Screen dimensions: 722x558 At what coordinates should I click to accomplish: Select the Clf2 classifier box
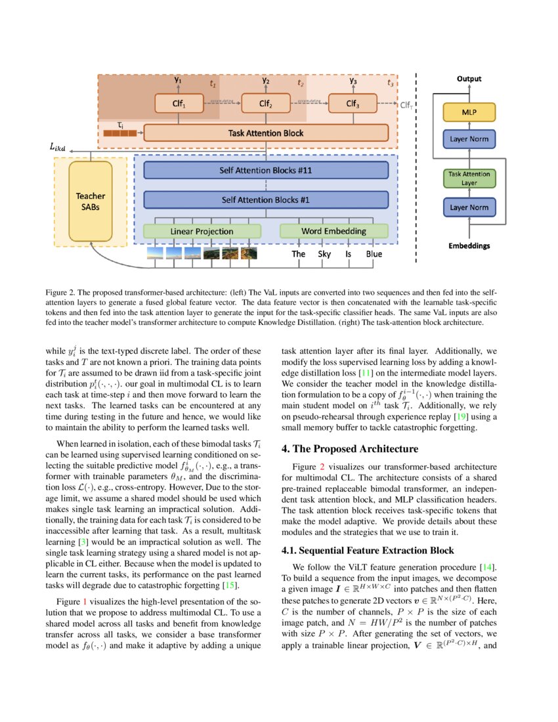pyautogui.click(x=265, y=104)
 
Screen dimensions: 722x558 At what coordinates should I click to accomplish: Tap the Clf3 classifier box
pyautogui.click(x=353, y=104)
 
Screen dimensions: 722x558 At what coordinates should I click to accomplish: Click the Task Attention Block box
pyautogui.click(x=265, y=133)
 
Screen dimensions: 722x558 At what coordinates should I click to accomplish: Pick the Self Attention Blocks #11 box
pyautogui.click(x=265, y=171)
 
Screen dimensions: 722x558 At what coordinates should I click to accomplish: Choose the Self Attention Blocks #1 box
pyautogui.click(x=265, y=200)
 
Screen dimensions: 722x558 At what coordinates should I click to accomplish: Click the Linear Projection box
pyautogui.click(x=202, y=231)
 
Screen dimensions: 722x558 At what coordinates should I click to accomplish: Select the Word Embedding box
pyautogui.click(x=333, y=231)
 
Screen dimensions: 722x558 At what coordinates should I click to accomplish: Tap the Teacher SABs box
pyautogui.click(x=90, y=201)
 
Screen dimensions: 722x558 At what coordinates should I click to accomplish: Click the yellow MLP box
pyautogui.click(x=469, y=113)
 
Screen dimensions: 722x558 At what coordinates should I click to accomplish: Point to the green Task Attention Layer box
pyautogui.click(x=469, y=179)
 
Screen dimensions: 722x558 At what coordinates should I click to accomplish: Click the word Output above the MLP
pyautogui.click(x=469, y=79)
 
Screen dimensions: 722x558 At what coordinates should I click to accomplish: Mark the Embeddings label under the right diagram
pyautogui.click(x=469, y=246)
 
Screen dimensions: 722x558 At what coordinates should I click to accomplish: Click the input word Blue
pyautogui.click(x=374, y=253)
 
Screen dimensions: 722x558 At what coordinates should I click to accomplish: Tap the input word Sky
pyautogui.click(x=325, y=253)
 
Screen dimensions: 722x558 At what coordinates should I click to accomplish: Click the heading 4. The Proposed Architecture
pyautogui.click(x=349, y=449)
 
